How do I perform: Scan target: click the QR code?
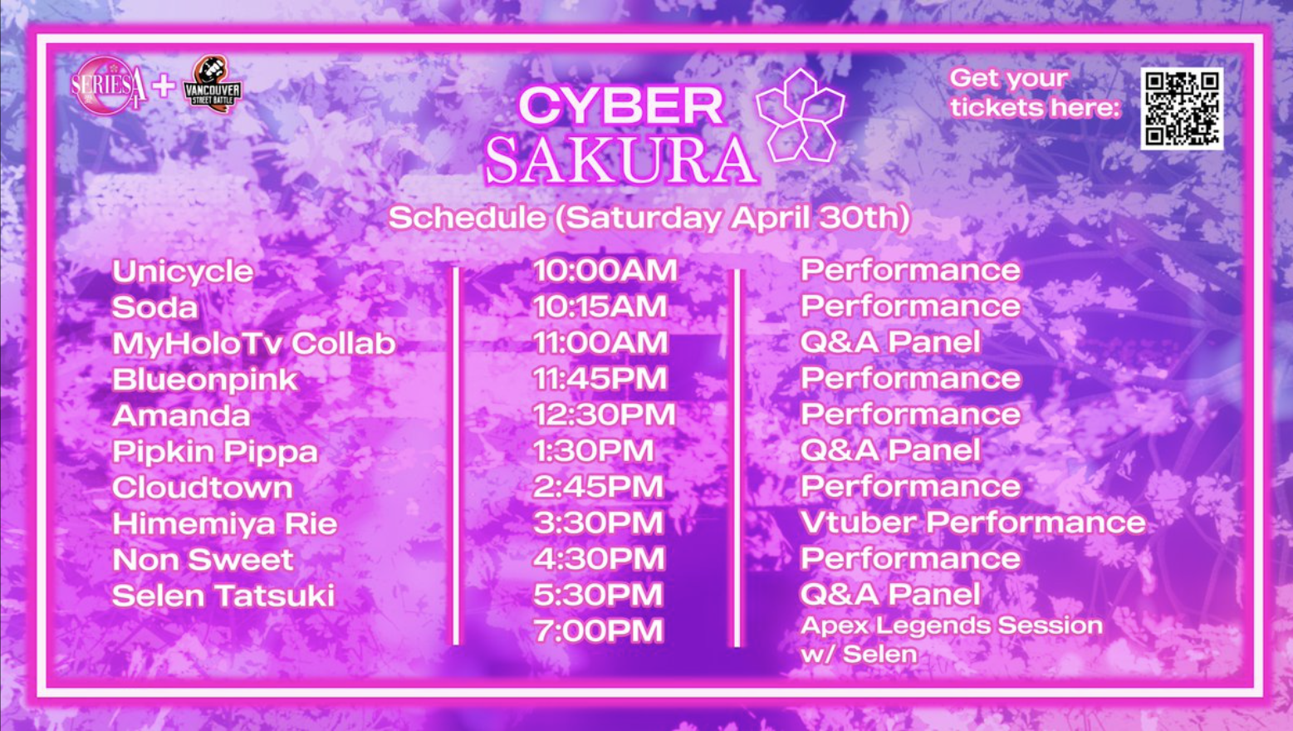coord(1182,109)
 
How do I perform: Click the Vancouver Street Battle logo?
coord(213,84)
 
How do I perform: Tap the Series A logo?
coord(109,86)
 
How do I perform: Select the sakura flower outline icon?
coord(800,115)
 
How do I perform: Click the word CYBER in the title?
coord(620,105)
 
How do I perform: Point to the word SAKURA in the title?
coord(620,160)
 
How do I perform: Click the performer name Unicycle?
coord(183,272)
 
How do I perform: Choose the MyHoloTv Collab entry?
coord(254,343)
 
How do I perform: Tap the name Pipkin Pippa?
coord(215,452)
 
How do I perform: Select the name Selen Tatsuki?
coord(223,596)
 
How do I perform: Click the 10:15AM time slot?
coord(600,306)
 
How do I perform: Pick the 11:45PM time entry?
coord(600,378)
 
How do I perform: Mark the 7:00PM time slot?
coord(598,630)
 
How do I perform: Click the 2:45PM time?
coord(598,486)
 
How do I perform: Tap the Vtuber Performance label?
coord(973,522)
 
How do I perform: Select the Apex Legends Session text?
coord(952,626)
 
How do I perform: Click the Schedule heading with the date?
coord(649,218)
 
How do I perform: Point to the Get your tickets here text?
coord(1036,93)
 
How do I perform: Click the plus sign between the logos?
coord(164,86)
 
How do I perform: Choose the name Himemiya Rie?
coord(224,523)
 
